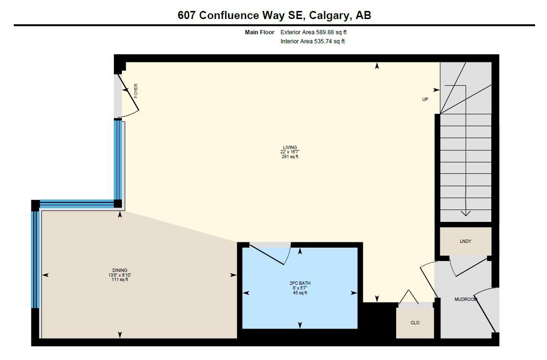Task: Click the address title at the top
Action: click(274, 15)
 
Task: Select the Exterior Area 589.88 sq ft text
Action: click(317, 32)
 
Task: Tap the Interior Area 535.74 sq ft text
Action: click(312, 41)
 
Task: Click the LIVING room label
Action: click(289, 148)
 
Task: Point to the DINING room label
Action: click(120, 270)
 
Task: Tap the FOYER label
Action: click(136, 90)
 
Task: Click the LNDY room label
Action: click(465, 241)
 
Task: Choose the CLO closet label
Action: click(415, 323)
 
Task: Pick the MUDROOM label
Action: click(466, 300)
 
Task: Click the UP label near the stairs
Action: click(425, 100)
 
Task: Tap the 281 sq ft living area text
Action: click(289, 157)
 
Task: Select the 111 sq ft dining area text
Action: click(120, 280)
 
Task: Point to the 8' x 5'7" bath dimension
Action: click(300, 288)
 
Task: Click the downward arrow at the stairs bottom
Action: click(466, 213)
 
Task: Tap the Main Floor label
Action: click(259, 32)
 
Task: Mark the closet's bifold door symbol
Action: click(408, 297)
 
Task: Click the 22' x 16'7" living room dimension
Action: click(289, 152)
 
